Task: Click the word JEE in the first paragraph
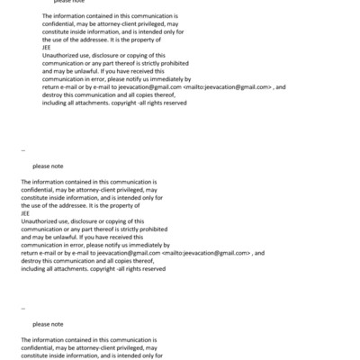47,49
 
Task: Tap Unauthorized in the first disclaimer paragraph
61,56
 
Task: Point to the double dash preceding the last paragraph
22,309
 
